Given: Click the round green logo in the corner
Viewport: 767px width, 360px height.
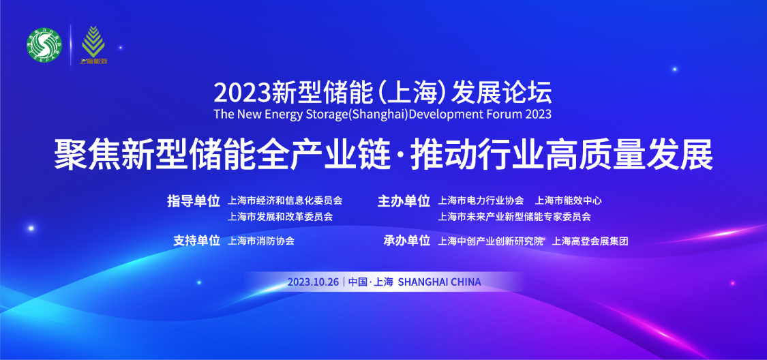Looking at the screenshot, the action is point(44,44).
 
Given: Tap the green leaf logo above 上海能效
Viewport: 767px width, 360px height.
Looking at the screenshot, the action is point(93,41).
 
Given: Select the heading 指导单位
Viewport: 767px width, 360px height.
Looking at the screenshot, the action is point(194,201).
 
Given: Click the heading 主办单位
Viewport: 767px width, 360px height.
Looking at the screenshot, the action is point(404,201).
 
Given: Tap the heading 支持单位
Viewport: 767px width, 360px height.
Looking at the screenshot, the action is point(196,241).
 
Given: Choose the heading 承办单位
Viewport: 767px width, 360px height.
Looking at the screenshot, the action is point(406,241).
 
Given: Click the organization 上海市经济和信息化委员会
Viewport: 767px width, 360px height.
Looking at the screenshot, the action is point(285,200).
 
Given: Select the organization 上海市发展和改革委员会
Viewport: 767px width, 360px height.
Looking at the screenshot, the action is point(280,217).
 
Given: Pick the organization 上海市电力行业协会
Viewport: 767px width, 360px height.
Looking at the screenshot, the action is point(481,200).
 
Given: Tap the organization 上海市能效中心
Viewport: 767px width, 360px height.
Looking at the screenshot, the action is point(569,200).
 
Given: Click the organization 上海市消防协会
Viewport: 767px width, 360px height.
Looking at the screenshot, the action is point(261,241).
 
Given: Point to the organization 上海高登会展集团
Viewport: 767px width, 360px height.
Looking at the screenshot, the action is point(590,241).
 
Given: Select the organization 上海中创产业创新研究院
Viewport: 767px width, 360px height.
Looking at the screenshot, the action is point(491,241).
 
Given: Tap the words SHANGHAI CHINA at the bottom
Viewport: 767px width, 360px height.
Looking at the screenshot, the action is point(440,282).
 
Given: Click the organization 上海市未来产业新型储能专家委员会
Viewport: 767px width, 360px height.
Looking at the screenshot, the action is point(514,217).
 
